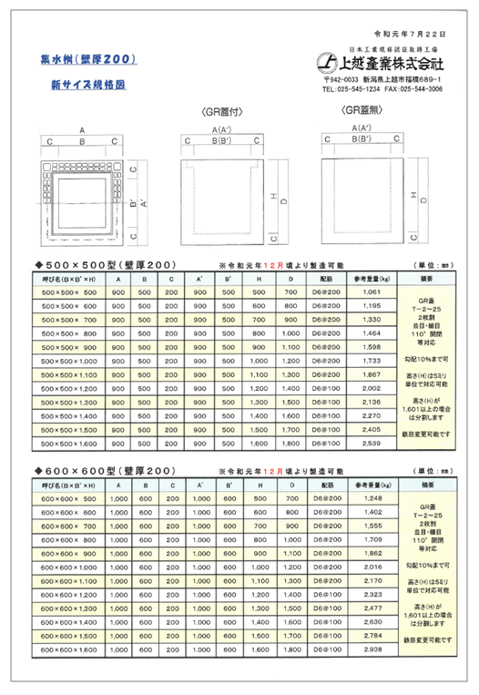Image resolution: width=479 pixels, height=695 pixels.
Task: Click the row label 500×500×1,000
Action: [69, 361]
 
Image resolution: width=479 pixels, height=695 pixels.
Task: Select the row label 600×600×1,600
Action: [69, 649]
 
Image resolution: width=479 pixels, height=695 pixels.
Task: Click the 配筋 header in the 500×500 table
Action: [329, 278]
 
